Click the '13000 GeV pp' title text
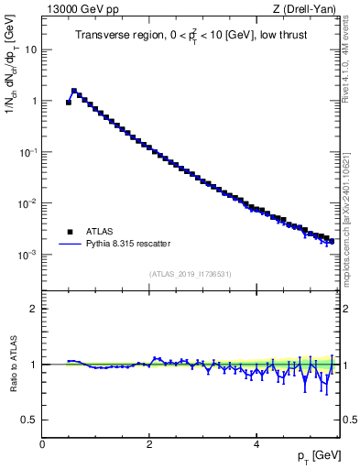(78, 10)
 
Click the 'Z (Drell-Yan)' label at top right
(310, 10)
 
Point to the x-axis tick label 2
(149, 444)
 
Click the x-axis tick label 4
(256, 444)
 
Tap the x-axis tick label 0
(42, 444)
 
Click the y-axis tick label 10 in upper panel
(29, 49)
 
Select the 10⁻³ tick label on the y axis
(27, 255)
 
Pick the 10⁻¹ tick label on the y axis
(27, 152)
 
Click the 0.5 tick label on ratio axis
(29, 420)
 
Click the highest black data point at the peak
(74, 91)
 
